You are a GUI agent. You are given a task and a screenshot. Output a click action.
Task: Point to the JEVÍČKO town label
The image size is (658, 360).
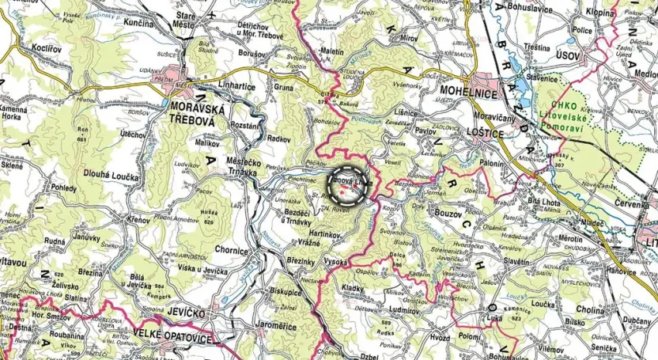[187, 314]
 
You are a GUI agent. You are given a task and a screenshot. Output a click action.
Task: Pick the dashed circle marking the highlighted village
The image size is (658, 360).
[349, 185]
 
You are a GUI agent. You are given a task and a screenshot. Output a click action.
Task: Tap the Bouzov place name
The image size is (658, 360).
[453, 213]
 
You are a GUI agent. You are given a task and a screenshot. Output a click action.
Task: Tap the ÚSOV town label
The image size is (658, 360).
[568, 55]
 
